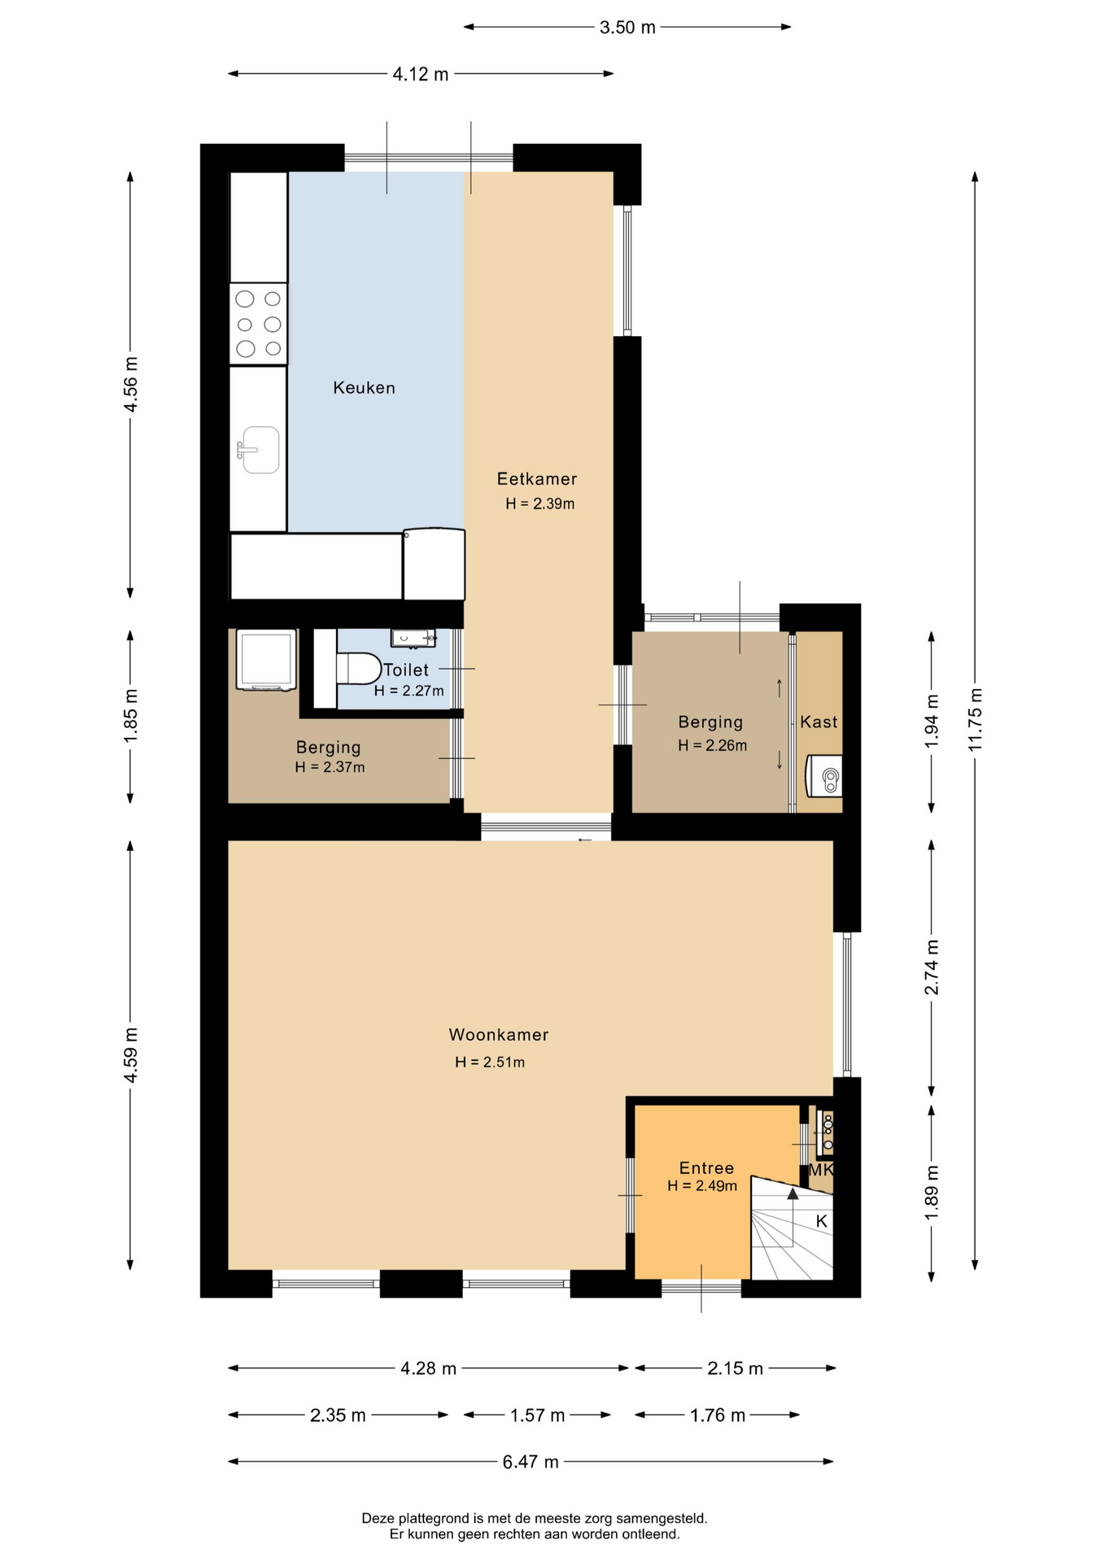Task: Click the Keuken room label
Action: pos(364,388)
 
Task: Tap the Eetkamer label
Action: pos(537,479)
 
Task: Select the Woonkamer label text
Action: pos(499,1035)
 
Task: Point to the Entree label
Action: pos(706,1168)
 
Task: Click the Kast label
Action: pos(819,722)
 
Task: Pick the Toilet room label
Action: pos(406,670)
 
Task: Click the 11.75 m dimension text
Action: pos(976,720)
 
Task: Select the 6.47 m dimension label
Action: pos(531,1462)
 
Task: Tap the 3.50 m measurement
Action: pos(627,28)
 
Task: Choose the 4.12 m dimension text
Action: pos(421,74)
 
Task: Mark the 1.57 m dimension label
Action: pos(537,1416)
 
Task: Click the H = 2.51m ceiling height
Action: pos(490,1062)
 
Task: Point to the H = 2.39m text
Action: pos(540,504)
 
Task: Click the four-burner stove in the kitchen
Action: pos(259,324)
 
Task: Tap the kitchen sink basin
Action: pos(260,450)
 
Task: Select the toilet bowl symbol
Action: pos(359,669)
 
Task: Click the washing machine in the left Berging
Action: pos(266,661)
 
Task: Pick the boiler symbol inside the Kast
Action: pos(823,776)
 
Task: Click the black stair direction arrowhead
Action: pos(793,1193)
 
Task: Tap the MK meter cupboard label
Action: pos(820,1170)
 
